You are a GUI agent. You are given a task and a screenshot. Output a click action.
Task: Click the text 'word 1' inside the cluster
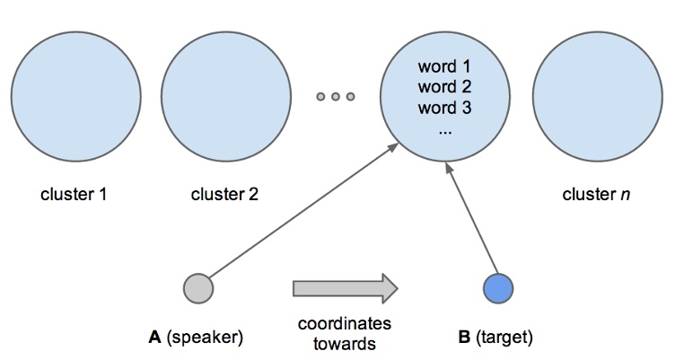(444, 67)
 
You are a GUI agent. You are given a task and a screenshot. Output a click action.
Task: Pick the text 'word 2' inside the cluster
(444, 88)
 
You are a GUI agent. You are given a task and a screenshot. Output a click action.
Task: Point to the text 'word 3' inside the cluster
(444, 109)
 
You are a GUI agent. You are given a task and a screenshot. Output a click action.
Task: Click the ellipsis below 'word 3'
(444, 128)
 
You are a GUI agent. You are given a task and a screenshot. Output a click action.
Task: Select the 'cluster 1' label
(75, 194)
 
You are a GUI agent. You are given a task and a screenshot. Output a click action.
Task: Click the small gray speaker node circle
(197, 288)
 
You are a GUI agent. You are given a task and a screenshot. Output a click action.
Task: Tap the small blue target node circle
(497, 288)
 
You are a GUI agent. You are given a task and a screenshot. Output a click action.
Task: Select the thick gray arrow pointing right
(345, 288)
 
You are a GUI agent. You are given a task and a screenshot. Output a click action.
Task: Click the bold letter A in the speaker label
(155, 338)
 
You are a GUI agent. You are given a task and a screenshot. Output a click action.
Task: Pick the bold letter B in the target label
(464, 338)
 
